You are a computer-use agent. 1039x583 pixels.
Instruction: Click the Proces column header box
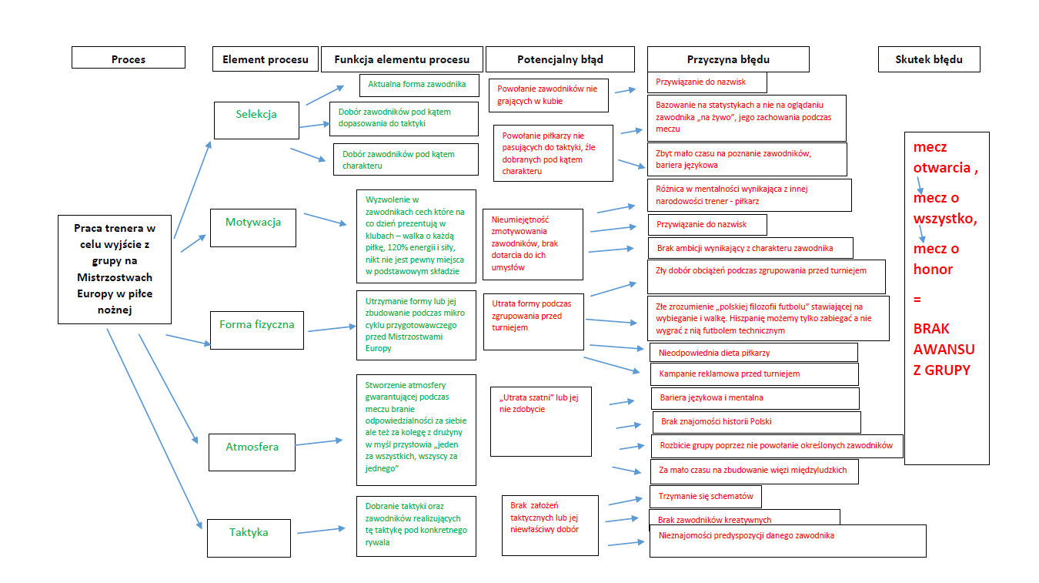click(129, 59)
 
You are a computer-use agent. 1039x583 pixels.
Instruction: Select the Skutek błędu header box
click(928, 59)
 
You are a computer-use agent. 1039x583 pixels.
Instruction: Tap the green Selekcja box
click(256, 120)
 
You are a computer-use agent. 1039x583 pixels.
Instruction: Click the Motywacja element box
click(252, 227)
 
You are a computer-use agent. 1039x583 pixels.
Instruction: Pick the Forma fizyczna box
click(256, 330)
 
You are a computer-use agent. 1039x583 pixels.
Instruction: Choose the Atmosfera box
click(252, 451)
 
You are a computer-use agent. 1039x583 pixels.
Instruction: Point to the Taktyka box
click(249, 537)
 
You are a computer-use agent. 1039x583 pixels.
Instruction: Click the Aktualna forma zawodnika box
click(419, 85)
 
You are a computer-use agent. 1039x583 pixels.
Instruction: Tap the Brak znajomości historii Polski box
click(756, 422)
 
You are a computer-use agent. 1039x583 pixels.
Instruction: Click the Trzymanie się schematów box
click(706, 496)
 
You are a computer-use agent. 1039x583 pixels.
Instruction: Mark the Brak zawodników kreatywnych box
click(743, 520)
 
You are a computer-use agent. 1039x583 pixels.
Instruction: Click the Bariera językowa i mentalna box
click(754, 398)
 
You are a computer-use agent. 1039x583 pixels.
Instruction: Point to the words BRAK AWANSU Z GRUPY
click(944, 349)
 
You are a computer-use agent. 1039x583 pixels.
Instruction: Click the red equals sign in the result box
click(917, 299)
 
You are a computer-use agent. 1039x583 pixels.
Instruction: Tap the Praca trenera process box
click(115, 269)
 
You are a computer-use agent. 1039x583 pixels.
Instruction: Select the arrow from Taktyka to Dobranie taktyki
click(320, 531)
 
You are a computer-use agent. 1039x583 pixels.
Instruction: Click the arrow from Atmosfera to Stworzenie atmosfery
click(319, 442)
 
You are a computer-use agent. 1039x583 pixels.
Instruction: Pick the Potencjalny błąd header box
click(560, 59)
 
